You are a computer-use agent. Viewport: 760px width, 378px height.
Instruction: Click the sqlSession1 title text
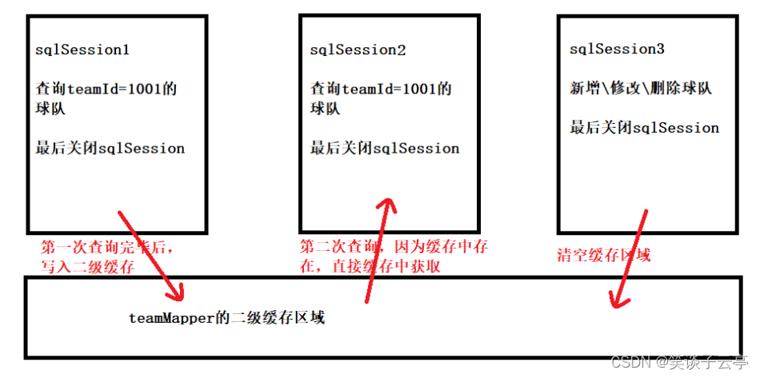tap(82, 50)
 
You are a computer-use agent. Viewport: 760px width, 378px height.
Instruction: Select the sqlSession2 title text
tap(358, 50)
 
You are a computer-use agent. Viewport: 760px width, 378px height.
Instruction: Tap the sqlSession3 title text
tap(617, 50)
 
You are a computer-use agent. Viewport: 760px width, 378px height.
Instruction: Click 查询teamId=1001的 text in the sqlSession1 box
tap(106, 89)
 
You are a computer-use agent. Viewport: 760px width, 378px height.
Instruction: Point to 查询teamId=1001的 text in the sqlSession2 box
tap(381, 89)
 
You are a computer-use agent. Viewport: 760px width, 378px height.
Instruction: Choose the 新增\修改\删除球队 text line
tap(640, 88)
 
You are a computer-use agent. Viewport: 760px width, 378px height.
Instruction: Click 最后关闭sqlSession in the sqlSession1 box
tap(110, 148)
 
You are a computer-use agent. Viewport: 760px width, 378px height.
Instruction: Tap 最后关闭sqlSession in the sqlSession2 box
tap(385, 148)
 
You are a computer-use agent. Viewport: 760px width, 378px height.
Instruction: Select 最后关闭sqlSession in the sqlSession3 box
tap(644, 128)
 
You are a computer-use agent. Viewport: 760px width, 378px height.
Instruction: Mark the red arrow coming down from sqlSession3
tap(628, 256)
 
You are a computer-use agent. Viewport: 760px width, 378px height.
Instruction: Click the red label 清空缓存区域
tap(603, 256)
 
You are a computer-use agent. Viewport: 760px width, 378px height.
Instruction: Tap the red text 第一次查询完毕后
tap(106, 248)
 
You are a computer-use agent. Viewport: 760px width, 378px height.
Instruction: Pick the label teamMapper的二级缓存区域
tap(227, 317)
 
